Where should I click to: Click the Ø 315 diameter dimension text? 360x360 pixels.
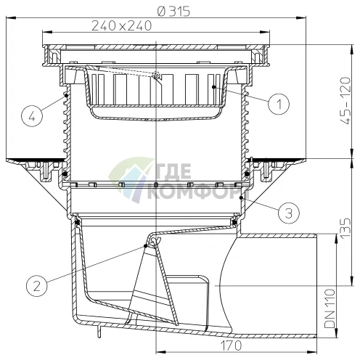tap(173, 12)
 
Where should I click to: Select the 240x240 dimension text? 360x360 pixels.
tap(122, 25)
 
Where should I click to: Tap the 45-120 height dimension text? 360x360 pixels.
tap(345, 101)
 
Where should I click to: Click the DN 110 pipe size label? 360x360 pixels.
tap(330, 308)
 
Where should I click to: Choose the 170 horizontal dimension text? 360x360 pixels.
tap(231, 345)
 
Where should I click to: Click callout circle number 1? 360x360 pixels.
tap(279, 104)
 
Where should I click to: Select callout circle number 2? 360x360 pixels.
tap(37, 286)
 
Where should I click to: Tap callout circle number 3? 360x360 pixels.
tap(289, 213)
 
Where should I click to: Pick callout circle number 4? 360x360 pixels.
tap(32, 117)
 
